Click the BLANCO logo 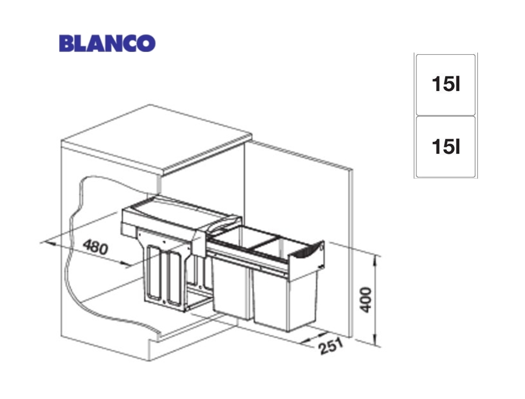click(107, 43)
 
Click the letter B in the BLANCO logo click(67, 43)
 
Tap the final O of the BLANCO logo click(147, 43)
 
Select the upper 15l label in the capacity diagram click(446, 84)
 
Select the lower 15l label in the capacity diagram click(446, 146)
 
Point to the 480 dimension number click(96, 247)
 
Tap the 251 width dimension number click(331, 346)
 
